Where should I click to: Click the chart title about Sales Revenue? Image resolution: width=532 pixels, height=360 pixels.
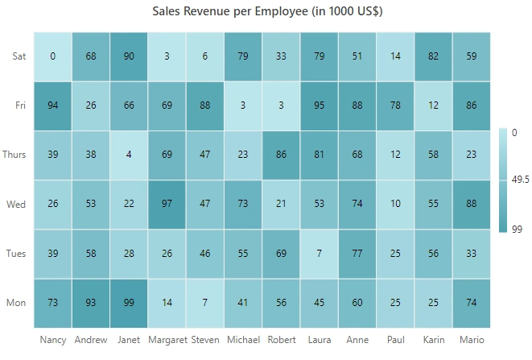coord(267,11)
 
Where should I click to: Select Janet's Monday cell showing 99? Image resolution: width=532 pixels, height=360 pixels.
coord(129,304)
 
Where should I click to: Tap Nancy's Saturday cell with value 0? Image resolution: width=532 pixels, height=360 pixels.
coord(52,56)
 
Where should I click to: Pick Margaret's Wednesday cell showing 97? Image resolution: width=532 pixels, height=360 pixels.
coord(167,205)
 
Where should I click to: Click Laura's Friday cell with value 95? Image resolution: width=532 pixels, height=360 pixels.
coord(319,106)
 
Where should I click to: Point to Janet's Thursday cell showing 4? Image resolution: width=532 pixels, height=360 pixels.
coord(129,155)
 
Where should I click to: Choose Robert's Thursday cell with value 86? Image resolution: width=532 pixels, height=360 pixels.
coord(281,155)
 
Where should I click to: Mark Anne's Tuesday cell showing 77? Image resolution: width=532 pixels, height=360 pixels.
coord(357,254)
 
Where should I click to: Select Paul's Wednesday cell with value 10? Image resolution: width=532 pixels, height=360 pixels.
coord(395,205)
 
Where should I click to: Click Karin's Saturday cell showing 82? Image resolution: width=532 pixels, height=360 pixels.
coord(433,56)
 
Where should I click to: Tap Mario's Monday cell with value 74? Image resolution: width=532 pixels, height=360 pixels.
coord(472,304)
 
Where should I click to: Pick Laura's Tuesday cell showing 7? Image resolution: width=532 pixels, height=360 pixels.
coord(319,254)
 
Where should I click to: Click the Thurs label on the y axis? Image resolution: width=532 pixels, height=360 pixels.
coord(14,155)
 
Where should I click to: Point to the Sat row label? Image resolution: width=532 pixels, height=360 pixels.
coord(19,56)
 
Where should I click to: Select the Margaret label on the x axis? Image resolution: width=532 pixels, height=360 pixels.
coord(167,340)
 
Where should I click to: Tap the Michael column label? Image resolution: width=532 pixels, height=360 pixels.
coord(243,340)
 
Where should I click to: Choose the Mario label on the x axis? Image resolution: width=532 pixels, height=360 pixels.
coord(472,340)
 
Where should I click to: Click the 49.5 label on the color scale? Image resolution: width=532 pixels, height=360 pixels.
coord(520,180)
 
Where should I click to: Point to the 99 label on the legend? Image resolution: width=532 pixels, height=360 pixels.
coord(517,230)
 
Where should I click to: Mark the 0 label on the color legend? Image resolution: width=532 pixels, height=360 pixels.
coord(514,132)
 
